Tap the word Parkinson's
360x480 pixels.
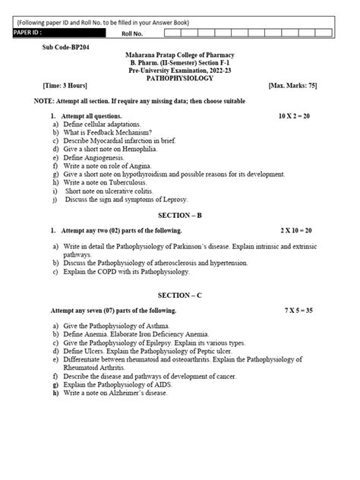(203, 247)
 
